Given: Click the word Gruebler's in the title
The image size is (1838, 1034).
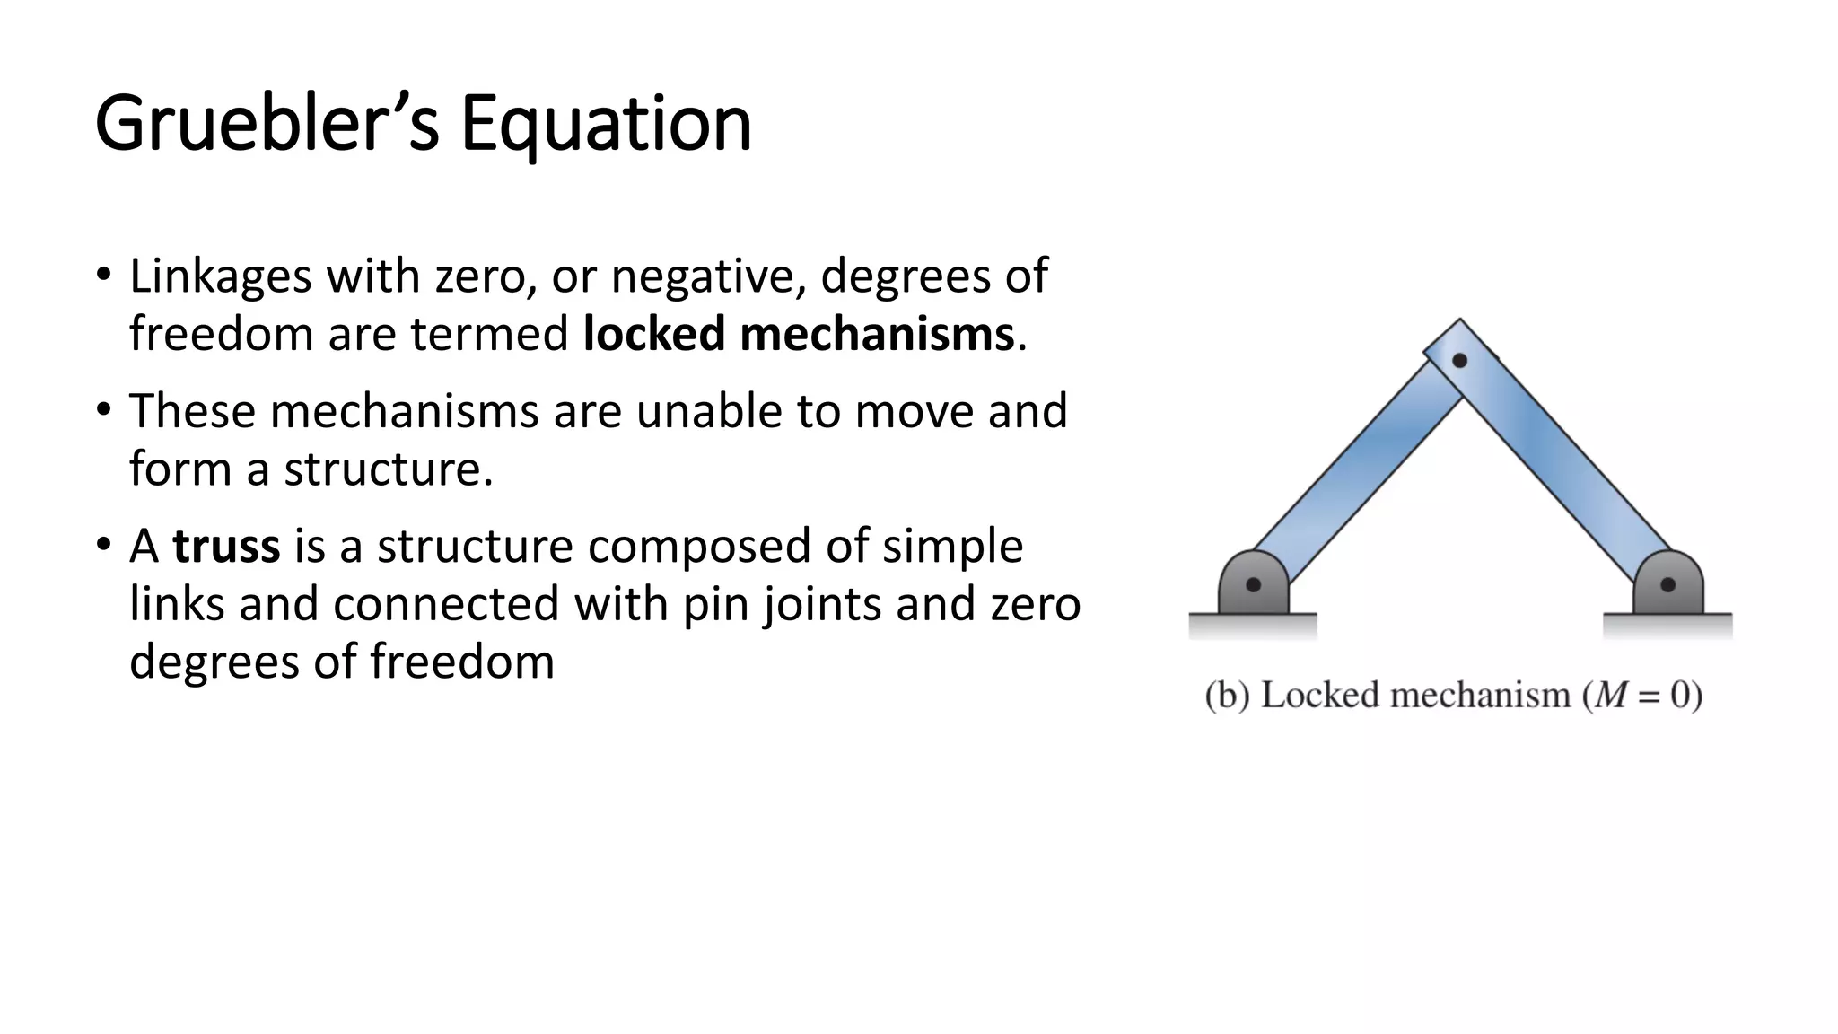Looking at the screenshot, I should [x=267, y=124].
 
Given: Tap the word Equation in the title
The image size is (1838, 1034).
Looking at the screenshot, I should [x=606, y=124].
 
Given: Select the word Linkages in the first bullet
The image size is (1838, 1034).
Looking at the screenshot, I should [x=220, y=276].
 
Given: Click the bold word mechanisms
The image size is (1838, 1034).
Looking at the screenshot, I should [x=877, y=334].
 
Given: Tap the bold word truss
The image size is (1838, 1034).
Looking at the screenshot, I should [x=226, y=546].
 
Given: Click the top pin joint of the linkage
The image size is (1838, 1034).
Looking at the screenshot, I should [x=1459, y=360].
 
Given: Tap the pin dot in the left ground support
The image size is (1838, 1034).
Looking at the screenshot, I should [x=1254, y=585].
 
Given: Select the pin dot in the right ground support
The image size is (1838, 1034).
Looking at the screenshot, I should [x=1667, y=585].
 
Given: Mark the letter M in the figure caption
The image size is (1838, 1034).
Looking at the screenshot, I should [x=1610, y=696].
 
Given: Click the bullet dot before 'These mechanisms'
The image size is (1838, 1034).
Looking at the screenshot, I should [x=104, y=409].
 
